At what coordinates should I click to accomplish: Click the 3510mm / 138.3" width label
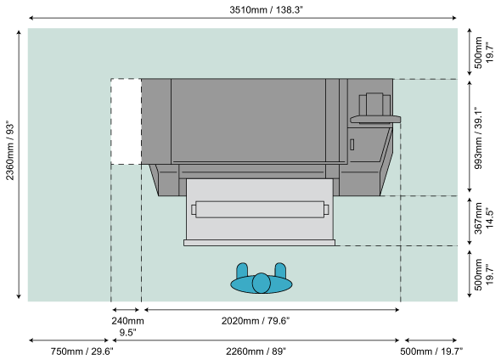click(x=266, y=10)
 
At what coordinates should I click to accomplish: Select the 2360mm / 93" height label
click(x=10, y=150)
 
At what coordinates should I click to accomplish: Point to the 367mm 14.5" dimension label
click(x=483, y=218)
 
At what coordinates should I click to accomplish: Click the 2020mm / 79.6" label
click(x=256, y=321)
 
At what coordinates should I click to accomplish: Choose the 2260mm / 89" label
click(x=256, y=352)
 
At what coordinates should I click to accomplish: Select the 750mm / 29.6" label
click(x=82, y=352)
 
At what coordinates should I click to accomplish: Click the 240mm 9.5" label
click(x=127, y=326)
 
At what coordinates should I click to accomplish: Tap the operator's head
click(x=261, y=283)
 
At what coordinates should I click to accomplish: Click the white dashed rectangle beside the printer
click(x=127, y=121)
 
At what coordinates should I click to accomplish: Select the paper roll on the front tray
click(x=260, y=210)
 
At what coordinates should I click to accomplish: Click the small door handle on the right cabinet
click(x=352, y=144)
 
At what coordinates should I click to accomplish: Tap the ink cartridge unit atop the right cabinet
click(x=374, y=104)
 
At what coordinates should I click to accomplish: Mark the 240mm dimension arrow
click(x=126, y=310)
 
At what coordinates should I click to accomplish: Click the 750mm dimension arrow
click(x=69, y=340)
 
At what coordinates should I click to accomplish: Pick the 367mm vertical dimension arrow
click(x=470, y=221)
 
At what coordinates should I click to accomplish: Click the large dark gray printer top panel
click(x=248, y=121)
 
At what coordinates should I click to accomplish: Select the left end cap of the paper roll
click(x=194, y=210)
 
